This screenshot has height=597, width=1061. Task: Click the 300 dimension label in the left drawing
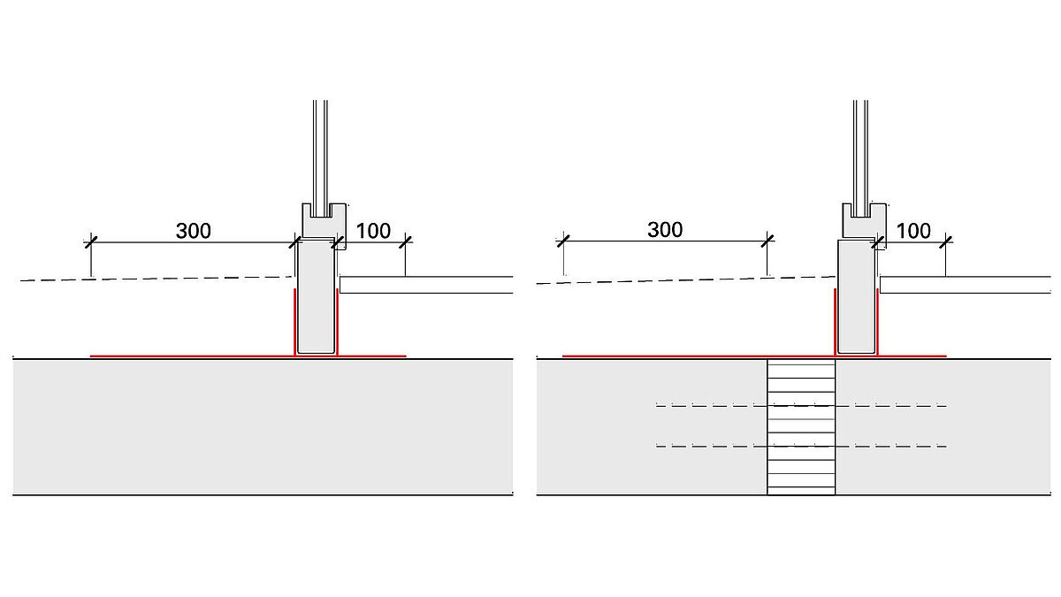(x=194, y=231)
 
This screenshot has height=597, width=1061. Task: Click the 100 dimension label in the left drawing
(x=373, y=231)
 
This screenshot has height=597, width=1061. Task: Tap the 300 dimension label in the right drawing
(x=665, y=230)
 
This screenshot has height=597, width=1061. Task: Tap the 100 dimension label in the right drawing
(x=913, y=230)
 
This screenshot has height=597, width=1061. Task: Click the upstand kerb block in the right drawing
(x=857, y=296)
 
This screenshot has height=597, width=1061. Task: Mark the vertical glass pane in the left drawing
(x=320, y=150)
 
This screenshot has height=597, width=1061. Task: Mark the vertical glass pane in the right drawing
(x=862, y=150)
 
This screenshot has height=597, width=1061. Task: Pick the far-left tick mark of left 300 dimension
(x=89, y=241)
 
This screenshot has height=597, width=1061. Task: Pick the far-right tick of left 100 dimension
(x=406, y=241)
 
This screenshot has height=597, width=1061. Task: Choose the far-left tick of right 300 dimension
(x=562, y=240)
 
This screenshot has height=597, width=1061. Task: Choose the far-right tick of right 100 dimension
(x=947, y=240)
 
